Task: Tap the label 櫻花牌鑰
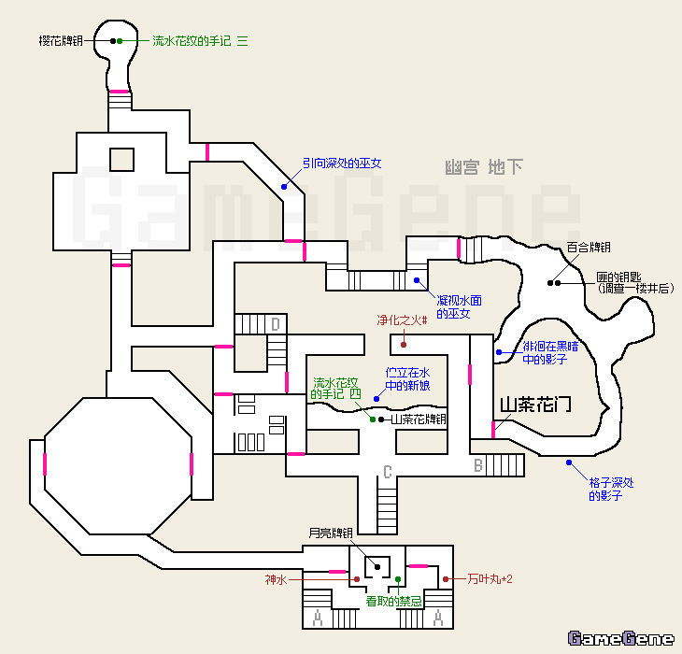pyautogui.click(x=62, y=41)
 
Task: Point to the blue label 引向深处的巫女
pyautogui.click(x=342, y=163)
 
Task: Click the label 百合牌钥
pyautogui.click(x=589, y=248)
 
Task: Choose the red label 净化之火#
pyautogui.click(x=402, y=320)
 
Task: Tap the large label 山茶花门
pyautogui.click(x=535, y=405)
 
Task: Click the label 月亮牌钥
pyautogui.click(x=331, y=533)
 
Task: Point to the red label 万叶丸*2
pyautogui.click(x=490, y=580)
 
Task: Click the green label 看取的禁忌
pyautogui.click(x=394, y=602)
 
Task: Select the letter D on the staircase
pyautogui.click(x=276, y=324)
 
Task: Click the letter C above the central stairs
pyautogui.click(x=387, y=470)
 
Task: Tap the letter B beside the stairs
pyautogui.click(x=476, y=464)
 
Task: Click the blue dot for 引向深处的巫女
pyautogui.click(x=285, y=187)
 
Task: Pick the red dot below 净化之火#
pyautogui.click(x=404, y=344)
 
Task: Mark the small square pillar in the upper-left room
pyautogui.click(x=121, y=159)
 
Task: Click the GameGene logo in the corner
pyautogui.click(x=620, y=639)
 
